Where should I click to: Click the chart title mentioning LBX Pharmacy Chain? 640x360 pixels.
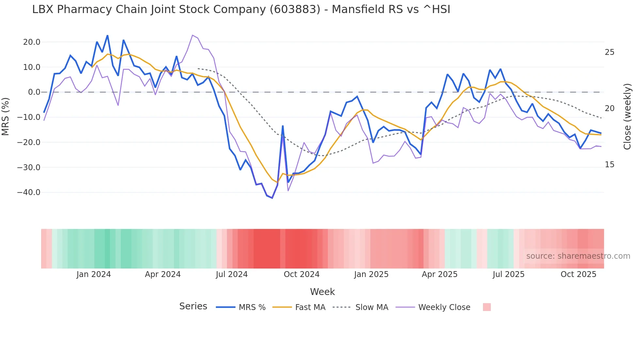coord(241,9)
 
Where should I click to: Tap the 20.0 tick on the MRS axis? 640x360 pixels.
coord(32,42)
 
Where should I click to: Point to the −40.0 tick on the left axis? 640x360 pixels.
coord(29,192)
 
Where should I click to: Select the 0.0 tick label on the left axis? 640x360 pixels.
coord(34,92)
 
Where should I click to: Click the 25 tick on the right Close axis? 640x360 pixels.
coord(609,52)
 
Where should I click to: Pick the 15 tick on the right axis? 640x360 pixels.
coord(609,165)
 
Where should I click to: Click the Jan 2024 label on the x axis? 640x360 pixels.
coord(94,274)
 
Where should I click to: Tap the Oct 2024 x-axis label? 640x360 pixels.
coord(301,274)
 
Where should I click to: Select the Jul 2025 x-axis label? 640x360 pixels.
coord(508,274)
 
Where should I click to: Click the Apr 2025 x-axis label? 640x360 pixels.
coord(440,274)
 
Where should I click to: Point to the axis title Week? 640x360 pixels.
coord(322,292)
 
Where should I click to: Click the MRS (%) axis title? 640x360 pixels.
coord(6,116)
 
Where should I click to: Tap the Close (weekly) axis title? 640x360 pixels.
coord(627,116)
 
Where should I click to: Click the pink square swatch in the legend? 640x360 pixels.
coord(487,307)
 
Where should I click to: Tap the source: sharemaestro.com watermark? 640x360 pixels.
coord(578,256)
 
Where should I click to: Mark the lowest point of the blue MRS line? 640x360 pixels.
coord(272,198)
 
